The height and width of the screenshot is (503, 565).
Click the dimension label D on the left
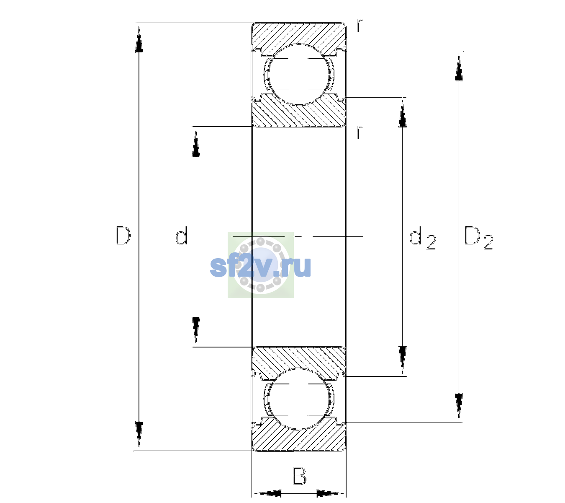(x=123, y=236)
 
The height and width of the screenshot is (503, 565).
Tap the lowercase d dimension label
(x=181, y=235)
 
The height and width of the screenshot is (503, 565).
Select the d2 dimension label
(x=423, y=238)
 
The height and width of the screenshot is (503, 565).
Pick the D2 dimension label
(x=479, y=238)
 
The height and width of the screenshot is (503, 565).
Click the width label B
(x=299, y=475)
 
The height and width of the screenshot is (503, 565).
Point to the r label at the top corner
(x=360, y=25)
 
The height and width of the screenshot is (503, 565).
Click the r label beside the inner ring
(x=360, y=132)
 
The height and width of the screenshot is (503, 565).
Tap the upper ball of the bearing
(x=299, y=75)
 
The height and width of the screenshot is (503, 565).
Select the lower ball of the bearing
(x=299, y=398)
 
